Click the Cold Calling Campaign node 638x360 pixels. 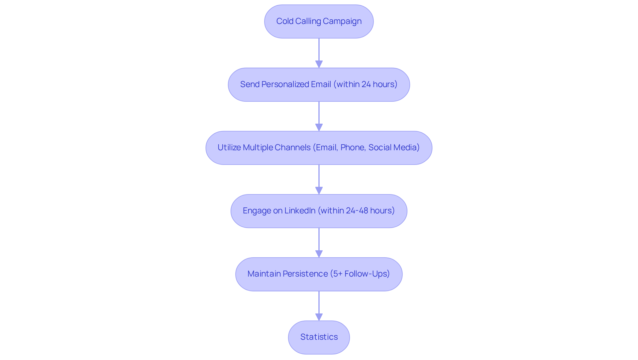(x=319, y=21)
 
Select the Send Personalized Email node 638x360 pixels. (x=319, y=84)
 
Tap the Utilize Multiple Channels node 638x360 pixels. (x=319, y=148)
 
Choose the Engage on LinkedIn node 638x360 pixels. (x=319, y=211)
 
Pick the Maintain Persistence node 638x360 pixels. (x=319, y=274)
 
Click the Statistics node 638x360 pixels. (x=319, y=337)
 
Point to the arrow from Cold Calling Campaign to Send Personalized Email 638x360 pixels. (x=319, y=53)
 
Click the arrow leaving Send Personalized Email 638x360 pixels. (x=319, y=116)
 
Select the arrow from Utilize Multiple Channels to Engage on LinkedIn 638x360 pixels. (x=319, y=180)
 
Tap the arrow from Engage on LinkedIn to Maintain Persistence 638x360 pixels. (x=319, y=243)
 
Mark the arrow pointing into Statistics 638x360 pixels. (x=319, y=306)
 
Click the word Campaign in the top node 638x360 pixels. (x=342, y=21)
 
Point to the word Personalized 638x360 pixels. (x=285, y=84)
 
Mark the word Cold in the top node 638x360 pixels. (x=285, y=21)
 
